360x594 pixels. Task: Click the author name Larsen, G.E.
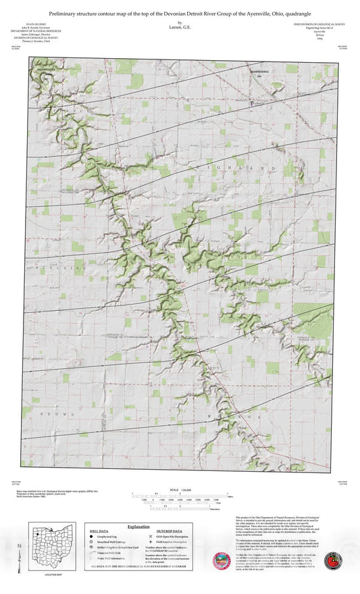click(x=179, y=26)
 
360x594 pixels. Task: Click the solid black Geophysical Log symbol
click(x=91, y=539)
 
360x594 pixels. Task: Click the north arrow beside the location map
click(x=20, y=547)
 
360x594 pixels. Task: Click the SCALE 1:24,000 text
click(x=180, y=490)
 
